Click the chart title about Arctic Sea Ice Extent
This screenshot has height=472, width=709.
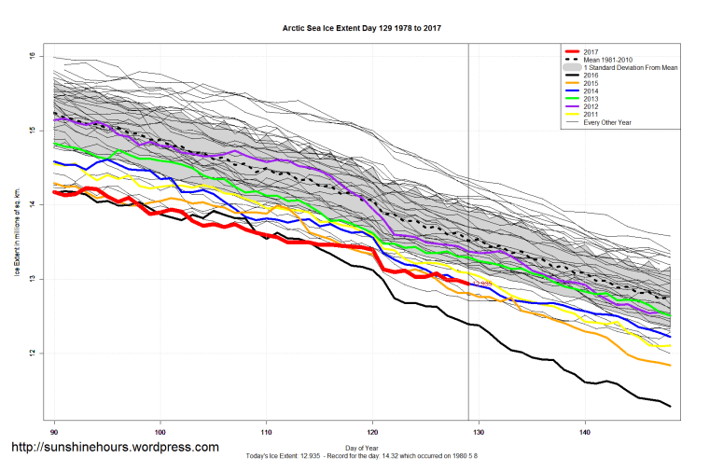[361, 28]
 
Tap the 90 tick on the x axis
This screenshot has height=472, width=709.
[55, 432]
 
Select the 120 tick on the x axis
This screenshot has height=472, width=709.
[373, 432]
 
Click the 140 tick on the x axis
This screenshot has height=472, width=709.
[585, 432]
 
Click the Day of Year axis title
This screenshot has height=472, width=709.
[361, 449]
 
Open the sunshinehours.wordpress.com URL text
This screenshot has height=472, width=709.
[114, 448]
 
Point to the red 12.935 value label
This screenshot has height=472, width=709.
[481, 284]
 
